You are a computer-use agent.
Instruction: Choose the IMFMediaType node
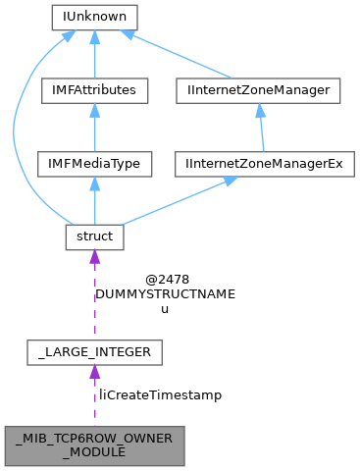[94, 163]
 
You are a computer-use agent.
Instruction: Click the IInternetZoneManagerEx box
[259, 163]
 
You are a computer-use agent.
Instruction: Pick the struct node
[94, 236]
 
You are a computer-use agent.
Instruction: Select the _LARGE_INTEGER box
[94, 350]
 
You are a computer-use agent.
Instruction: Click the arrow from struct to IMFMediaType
[94, 202]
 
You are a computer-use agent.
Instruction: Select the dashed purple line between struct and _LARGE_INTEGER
[94, 299]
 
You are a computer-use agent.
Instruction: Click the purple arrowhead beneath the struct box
[94, 257]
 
